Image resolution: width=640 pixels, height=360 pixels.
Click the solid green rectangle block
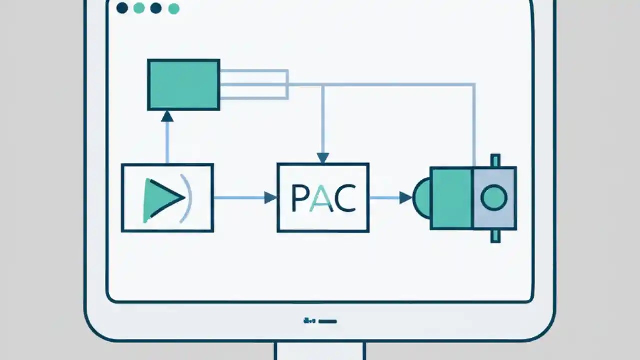(x=183, y=85)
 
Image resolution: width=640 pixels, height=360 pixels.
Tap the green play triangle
(x=159, y=199)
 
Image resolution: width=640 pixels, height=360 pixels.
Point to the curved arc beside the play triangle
(x=187, y=198)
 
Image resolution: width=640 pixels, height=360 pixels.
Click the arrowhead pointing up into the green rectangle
(x=167, y=116)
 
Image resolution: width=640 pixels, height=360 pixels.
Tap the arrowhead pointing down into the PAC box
(x=323, y=157)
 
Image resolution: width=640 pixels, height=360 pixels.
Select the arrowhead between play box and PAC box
(x=270, y=198)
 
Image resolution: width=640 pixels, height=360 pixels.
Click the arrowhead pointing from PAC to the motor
(x=405, y=198)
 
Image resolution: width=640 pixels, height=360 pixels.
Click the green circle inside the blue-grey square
(x=494, y=198)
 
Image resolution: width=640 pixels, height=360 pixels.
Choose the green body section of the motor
(x=451, y=198)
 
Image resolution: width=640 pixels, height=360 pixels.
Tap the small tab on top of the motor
(x=495, y=160)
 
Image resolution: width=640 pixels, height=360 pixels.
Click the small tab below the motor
(x=495, y=236)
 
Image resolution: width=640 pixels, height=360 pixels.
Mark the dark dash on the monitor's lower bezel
(x=327, y=321)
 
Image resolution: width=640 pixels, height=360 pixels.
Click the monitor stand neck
(x=320, y=351)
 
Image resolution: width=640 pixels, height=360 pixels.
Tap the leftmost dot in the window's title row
(x=122, y=8)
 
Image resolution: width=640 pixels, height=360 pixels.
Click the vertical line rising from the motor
(x=474, y=125)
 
